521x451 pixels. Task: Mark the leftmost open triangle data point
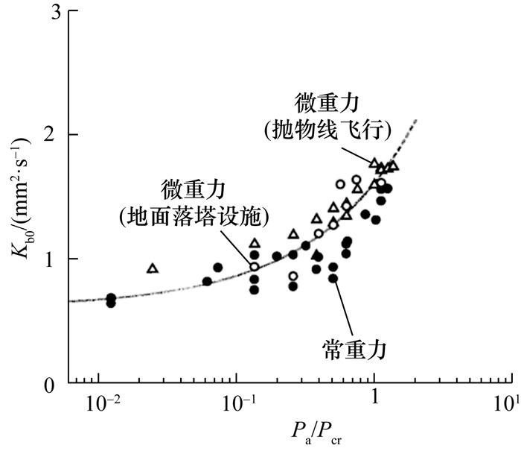tap(153, 268)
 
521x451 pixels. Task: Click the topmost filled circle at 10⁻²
tap(111, 297)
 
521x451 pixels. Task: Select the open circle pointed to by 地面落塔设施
tap(254, 266)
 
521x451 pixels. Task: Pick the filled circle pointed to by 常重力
tap(333, 278)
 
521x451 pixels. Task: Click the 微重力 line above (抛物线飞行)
tap(329, 100)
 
